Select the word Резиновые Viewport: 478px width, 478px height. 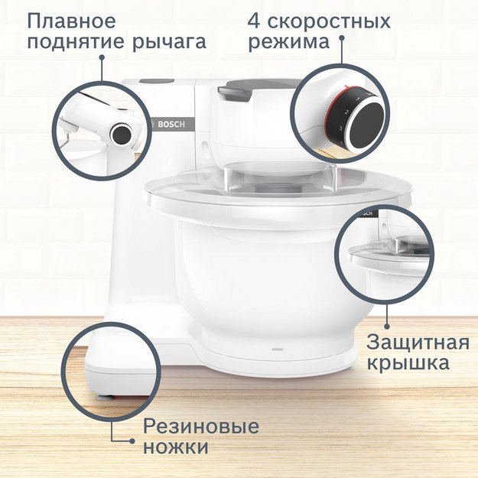coord(202,426)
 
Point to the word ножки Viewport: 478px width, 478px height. coord(176,447)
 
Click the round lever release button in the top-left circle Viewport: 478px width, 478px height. coord(122,134)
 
